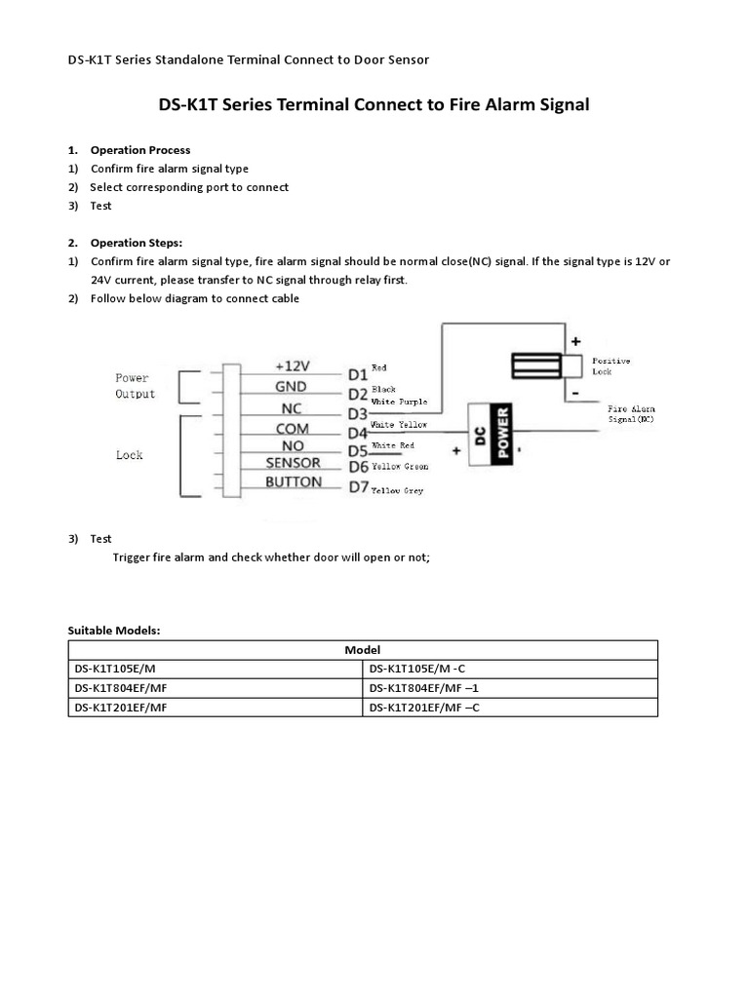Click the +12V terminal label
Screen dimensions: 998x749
point(292,365)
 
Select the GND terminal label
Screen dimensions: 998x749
point(291,386)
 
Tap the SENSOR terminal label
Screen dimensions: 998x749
point(294,464)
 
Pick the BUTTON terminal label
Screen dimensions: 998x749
point(294,482)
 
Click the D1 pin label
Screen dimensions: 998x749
point(357,374)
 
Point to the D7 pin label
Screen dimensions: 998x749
point(358,486)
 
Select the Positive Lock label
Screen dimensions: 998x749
point(611,366)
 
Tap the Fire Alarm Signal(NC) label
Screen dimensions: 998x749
point(631,413)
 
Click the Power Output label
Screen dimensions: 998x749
point(135,386)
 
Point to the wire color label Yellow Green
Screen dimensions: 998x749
point(400,467)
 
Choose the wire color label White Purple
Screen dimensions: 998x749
point(400,401)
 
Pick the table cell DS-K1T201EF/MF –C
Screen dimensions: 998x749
point(425,707)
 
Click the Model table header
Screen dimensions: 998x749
point(363,649)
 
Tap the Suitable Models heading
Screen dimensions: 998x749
point(113,631)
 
